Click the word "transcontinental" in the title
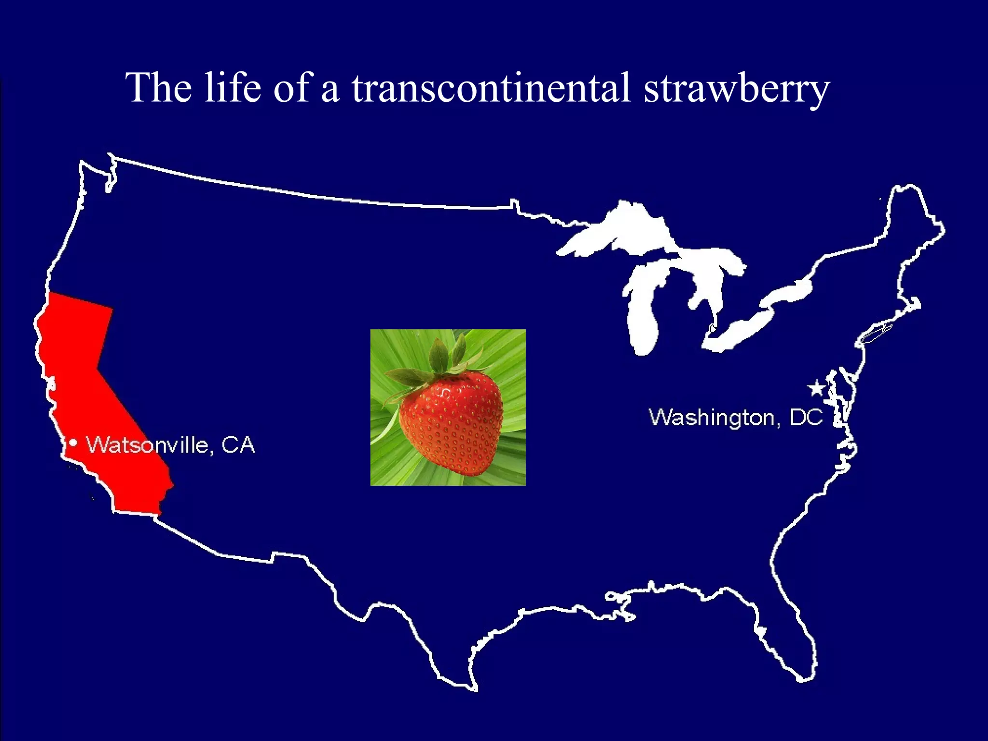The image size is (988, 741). click(x=491, y=88)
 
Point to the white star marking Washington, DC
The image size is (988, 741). click(x=816, y=388)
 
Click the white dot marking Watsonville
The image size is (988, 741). click(x=73, y=442)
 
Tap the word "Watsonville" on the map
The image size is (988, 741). click(x=147, y=445)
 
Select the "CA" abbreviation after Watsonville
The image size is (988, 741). click(x=237, y=445)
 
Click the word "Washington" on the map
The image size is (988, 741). click(x=712, y=418)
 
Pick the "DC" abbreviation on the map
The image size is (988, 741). click(x=806, y=417)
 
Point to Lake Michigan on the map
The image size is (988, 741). click(x=644, y=314)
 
